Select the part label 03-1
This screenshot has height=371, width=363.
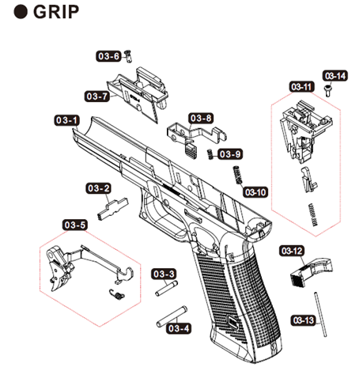[x=67, y=119]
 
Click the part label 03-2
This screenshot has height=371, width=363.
[x=97, y=188]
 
